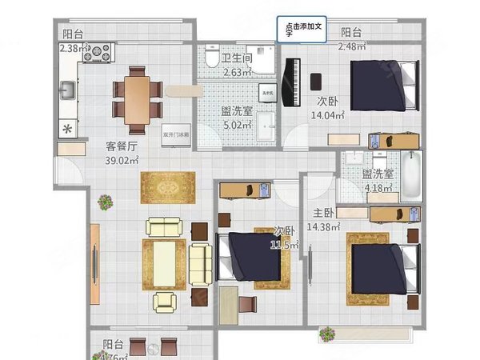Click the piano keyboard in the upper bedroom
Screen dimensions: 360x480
[x=290, y=80]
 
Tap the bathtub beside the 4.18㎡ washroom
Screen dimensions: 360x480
[x=410, y=174]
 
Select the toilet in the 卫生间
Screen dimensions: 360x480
[x=210, y=58]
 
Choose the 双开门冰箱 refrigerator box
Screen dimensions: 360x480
[x=176, y=134]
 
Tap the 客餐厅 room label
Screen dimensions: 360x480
[x=122, y=146]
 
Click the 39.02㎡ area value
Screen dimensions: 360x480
[x=122, y=160]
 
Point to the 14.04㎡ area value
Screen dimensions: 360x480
[x=327, y=115]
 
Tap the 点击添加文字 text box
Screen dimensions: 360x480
[x=302, y=29]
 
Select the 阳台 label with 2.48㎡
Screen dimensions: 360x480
[x=350, y=33]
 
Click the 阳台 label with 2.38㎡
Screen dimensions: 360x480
[x=73, y=34]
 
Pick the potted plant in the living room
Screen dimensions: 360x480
[x=103, y=202]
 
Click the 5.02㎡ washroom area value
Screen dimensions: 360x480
[x=237, y=125]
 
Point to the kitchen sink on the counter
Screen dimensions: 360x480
[x=68, y=90]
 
